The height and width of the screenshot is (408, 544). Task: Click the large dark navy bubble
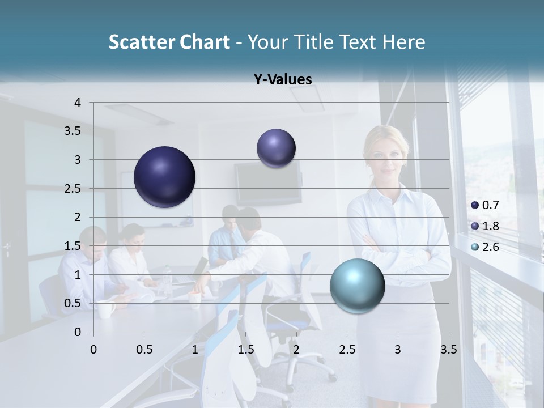[164, 177]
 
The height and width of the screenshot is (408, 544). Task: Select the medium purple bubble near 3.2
[276, 148]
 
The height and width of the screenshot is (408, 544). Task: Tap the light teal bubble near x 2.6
[357, 286]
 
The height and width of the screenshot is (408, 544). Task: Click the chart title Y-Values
[282, 80]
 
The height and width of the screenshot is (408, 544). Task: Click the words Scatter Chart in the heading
[169, 42]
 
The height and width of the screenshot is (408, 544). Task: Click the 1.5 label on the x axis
[245, 350]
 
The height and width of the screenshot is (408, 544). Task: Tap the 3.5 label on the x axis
[448, 350]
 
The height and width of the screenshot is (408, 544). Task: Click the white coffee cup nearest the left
[105, 309]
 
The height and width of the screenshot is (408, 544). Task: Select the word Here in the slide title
[403, 42]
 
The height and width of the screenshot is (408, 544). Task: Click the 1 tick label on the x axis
[195, 350]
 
